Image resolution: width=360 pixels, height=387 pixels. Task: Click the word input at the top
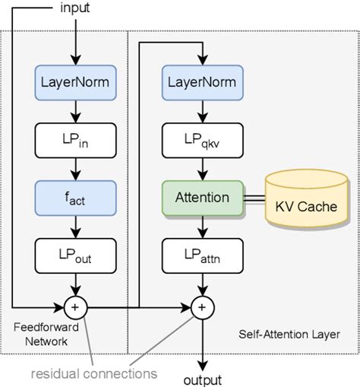pyautogui.click(x=74, y=9)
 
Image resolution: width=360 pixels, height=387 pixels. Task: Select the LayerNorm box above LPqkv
pyautogui.click(x=201, y=81)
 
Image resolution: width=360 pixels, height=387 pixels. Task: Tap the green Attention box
pyautogui.click(x=201, y=198)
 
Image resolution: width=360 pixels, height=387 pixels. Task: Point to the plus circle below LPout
pyautogui.click(x=74, y=307)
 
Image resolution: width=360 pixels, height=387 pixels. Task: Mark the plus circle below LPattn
pyautogui.click(x=201, y=307)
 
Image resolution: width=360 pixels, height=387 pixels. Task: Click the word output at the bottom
pyautogui.click(x=201, y=379)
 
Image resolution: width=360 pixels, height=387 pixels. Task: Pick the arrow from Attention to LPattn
pyautogui.click(x=201, y=226)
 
